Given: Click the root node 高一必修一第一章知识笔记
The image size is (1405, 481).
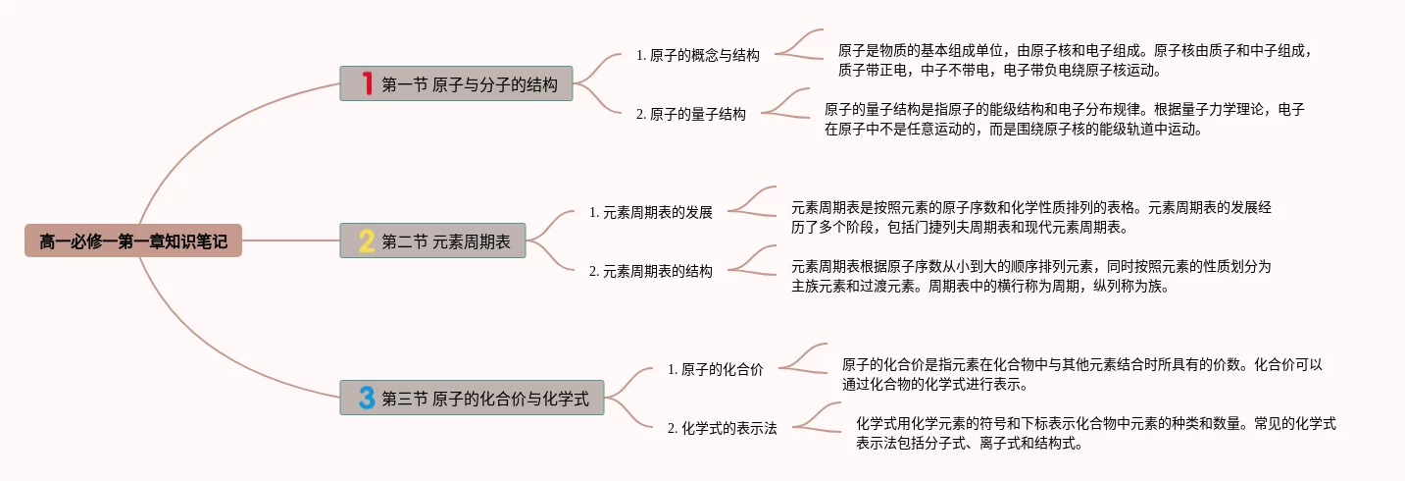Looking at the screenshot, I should (133, 240).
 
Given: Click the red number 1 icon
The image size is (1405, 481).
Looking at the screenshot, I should (367, 84).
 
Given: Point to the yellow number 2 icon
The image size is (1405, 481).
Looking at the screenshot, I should (367, 240).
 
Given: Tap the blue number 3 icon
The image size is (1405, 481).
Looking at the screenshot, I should (367, 398).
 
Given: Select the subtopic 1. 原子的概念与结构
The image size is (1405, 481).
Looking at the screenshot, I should (697, 55).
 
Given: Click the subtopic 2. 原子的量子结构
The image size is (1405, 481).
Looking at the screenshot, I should (690, 114).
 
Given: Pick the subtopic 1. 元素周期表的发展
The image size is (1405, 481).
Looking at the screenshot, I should (650, 212).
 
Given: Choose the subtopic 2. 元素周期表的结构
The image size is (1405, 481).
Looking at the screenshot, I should (650, 271).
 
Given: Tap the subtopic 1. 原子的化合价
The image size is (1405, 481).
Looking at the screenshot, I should (715, 369).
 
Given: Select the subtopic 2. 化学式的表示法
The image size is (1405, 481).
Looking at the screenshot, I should (722, 428).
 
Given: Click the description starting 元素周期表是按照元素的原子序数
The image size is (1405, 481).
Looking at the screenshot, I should (1031, 217).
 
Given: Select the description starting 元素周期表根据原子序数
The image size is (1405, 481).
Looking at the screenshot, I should (1031, 276).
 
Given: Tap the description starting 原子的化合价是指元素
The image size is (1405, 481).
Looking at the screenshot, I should (1082, 374).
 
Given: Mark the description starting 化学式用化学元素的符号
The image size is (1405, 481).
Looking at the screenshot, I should (1095, 433).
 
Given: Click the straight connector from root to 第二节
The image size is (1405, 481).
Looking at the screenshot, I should (290, 240).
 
